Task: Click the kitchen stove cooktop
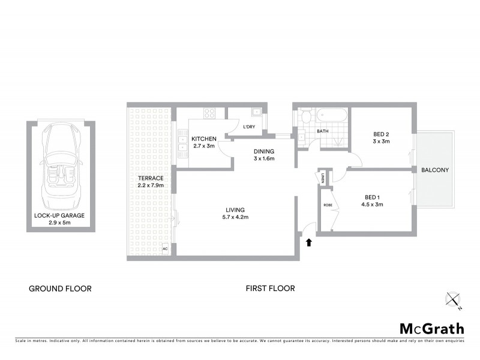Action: (210, 112)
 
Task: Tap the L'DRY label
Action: (249, 127)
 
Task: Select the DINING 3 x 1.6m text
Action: (263, 155)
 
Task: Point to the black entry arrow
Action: (309, 242)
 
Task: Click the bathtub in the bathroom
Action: (331, 114)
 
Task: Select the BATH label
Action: (323, 131)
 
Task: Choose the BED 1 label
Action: (373, 200)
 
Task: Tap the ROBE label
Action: (328, 205)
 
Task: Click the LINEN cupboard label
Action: (323, 178)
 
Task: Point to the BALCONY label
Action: (435, 170)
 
